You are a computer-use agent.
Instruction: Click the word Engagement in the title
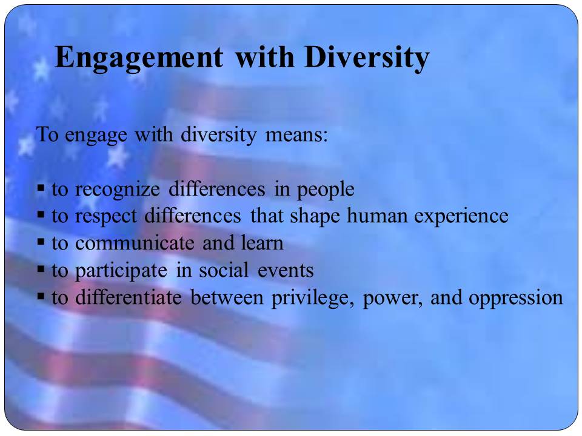[139, 58]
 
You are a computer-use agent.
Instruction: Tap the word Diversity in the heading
[367, 58]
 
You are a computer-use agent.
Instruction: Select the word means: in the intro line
[296, 134]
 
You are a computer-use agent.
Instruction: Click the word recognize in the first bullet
[117, 190]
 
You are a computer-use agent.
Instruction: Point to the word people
[326, 190]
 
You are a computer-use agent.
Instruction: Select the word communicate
[135, 243]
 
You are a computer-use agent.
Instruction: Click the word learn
[262, 243]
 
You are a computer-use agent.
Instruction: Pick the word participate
[121, 271]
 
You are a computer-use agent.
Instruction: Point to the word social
[224, 270]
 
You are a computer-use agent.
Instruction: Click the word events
[286, 271]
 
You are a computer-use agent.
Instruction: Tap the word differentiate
[129, 297]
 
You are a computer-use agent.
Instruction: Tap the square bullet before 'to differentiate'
[41, 297]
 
